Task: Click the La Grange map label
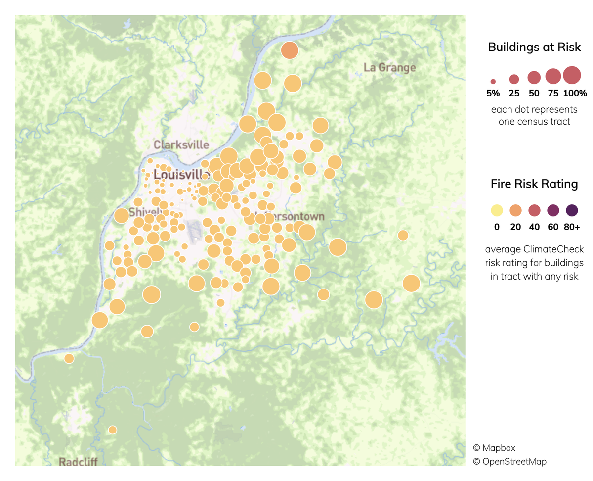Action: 389,67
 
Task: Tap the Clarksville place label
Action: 181,145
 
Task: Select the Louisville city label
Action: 182,175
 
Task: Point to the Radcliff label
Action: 78,462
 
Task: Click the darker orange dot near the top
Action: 290,50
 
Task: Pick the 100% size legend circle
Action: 572,76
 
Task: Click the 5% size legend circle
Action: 493,81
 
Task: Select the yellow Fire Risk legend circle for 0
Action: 497,211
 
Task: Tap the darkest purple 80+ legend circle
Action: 572,211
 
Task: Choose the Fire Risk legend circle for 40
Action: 534,211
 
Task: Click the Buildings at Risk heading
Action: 534,48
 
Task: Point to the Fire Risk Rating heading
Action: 534,184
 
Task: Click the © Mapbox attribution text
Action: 494,448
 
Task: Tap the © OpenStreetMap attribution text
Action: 509,461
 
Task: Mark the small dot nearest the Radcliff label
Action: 113,430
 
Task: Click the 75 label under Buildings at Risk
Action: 553,93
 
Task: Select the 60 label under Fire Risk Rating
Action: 553,227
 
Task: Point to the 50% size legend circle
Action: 534,77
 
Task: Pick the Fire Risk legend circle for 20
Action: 515,211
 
